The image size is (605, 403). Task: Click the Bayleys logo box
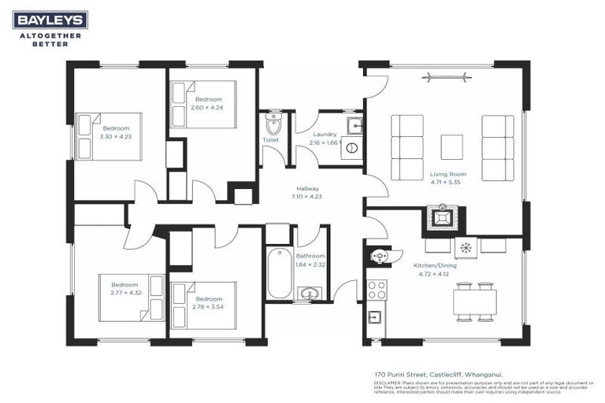50,20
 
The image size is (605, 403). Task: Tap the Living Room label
447,174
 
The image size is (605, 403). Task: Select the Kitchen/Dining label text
435,265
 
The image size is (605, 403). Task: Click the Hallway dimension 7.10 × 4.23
307,197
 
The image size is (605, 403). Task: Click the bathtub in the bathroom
279,273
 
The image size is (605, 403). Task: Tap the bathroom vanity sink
310,294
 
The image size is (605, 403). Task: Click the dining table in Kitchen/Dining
474,301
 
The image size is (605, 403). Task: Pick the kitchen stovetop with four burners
377,289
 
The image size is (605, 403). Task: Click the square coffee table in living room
451,147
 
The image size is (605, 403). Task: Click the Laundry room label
324,135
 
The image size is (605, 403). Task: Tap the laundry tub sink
354,125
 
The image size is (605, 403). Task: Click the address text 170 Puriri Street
425,375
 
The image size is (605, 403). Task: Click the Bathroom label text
310,256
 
